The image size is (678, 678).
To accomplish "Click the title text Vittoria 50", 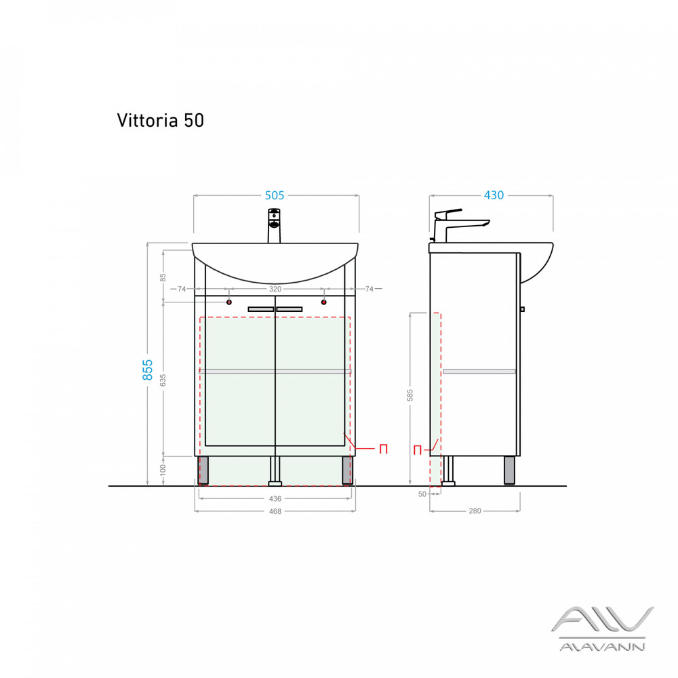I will pos(160,120).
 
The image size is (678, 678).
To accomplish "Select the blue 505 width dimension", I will pos(274,195).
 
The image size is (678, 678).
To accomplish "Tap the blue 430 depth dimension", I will pos(493,195).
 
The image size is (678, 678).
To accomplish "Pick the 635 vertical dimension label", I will pos(163,380).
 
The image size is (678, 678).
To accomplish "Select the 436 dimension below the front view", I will pos(275,498).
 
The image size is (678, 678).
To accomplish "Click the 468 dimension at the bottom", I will pos(275,511).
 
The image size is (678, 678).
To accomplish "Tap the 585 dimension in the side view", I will pos(410,395).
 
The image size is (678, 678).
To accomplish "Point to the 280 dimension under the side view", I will pos(475,511).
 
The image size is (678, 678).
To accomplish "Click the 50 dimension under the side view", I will pos(422,494).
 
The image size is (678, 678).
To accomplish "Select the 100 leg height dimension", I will pos(163,471).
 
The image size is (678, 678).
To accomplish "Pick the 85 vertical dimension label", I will pos(163,277).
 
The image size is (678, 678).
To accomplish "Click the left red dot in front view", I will pos(229,302).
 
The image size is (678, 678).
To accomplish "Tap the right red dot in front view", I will pos(324,302).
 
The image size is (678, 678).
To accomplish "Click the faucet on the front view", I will pos(274,226).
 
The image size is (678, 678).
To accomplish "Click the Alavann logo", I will pos(601,628).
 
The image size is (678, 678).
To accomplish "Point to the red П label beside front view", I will pos(383,449).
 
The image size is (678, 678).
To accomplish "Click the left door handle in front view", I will pos(260,309).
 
